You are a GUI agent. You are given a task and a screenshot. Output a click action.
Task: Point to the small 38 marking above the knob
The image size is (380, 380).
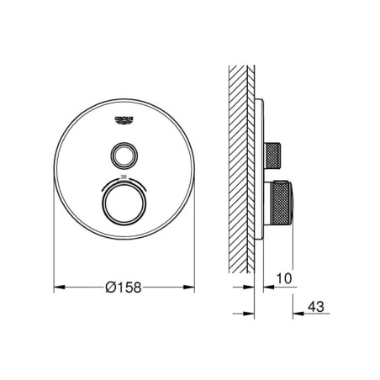[124, 177]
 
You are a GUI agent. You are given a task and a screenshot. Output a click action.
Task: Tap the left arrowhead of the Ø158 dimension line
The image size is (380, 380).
[58, 288]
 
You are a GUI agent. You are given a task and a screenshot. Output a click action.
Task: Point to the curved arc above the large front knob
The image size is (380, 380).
[124, 184]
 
